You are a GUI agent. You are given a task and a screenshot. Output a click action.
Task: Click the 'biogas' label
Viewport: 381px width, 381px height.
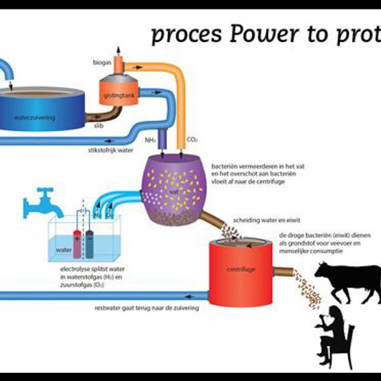pos(101,61)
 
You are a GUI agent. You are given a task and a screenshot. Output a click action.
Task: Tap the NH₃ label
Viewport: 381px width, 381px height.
pos(150,140)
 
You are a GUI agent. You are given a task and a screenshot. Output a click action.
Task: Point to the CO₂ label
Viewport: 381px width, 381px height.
pos(193,140)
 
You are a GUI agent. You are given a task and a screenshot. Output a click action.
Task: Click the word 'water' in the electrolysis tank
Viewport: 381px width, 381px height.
pos(63,250)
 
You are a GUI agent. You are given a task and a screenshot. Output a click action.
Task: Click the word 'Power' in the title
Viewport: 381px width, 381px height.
pos(260,34)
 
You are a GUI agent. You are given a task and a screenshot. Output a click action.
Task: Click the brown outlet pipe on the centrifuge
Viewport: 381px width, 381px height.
pos(283,272)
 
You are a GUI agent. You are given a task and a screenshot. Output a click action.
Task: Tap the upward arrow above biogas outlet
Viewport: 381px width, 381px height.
pos(120,50)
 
